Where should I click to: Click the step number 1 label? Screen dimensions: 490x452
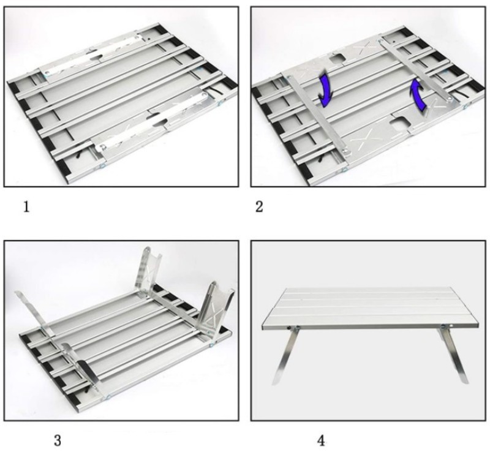coord(26,207)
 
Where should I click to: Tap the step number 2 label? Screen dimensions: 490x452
coord(259,207)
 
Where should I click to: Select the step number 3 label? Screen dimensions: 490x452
coord(58,441)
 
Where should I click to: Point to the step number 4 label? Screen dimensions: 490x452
coord(321,441)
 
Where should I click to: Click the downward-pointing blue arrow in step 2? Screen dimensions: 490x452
coord(325,89)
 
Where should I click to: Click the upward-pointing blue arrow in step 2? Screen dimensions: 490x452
coord(418,95)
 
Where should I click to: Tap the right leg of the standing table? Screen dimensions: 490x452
coord(454,355)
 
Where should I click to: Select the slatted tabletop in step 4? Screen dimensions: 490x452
coord(371,309)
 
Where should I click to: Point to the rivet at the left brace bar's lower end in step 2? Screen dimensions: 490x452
coord(345,151)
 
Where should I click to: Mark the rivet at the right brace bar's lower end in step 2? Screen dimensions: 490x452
coord(449,99)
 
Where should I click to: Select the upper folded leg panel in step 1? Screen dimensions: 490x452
coord(94,55)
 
